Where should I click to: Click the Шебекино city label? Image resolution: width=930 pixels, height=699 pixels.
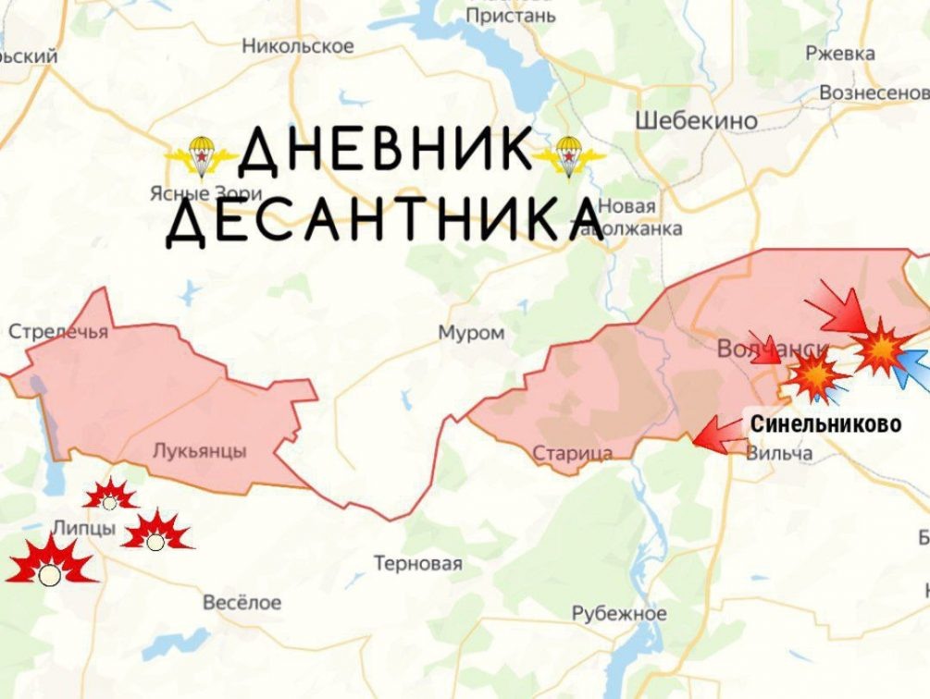[x=696, y=120]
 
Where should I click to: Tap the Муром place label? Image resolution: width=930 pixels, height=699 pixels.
[x=472, y=333]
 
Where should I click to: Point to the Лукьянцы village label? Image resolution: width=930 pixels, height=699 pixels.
[x=199, y=451]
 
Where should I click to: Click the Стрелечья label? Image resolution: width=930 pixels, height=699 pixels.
[x=58, y=331]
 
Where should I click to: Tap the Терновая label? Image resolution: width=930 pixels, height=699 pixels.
[x=417, y=563]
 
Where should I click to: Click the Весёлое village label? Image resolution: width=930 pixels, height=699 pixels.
[x=242, y=602]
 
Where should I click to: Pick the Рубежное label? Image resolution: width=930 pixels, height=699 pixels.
[x=619, y=614]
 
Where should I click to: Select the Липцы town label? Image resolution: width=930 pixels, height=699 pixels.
[x=85, y=528]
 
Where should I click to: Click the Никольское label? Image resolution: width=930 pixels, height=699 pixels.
[x=297, y=45]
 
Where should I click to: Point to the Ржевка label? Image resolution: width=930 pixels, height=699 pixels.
[x=839, y=54]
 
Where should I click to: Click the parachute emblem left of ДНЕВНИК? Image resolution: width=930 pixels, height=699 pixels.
[x=200, y=156]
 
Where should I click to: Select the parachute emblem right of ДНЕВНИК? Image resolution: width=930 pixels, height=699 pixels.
[x=568, y=155]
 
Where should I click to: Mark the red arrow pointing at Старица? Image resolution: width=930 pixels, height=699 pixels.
[x=716, y=435]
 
